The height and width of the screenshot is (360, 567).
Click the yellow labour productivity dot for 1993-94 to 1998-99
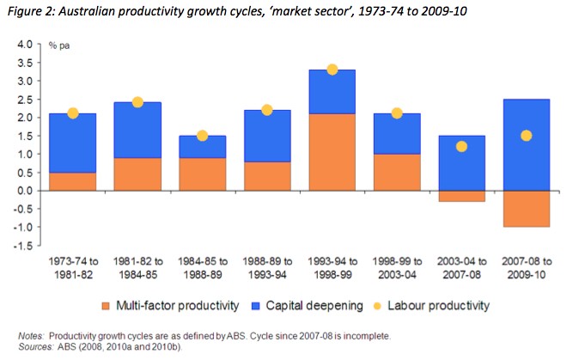tap(332, 70)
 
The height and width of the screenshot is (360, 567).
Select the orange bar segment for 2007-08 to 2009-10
tap(526, 208)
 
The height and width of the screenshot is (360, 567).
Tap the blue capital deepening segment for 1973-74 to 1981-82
tap(73, 143)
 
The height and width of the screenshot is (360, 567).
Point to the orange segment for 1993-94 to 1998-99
tap(332, 151)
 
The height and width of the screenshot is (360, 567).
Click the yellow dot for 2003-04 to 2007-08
tap(461, 146)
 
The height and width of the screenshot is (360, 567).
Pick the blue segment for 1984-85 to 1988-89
tap(202, 147)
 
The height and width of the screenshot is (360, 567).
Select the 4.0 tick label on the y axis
tap(24, 44)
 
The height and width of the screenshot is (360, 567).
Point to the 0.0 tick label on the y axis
tap(24, 190)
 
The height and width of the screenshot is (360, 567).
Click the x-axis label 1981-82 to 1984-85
tap(137, 266)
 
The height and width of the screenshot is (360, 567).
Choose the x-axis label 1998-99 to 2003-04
tap(396, 266)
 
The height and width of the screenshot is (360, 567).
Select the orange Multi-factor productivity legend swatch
tap(114, 305)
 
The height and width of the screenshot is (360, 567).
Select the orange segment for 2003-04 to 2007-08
tap(461, 196)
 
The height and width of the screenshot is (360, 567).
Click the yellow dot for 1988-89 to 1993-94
tap(266, 110)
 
